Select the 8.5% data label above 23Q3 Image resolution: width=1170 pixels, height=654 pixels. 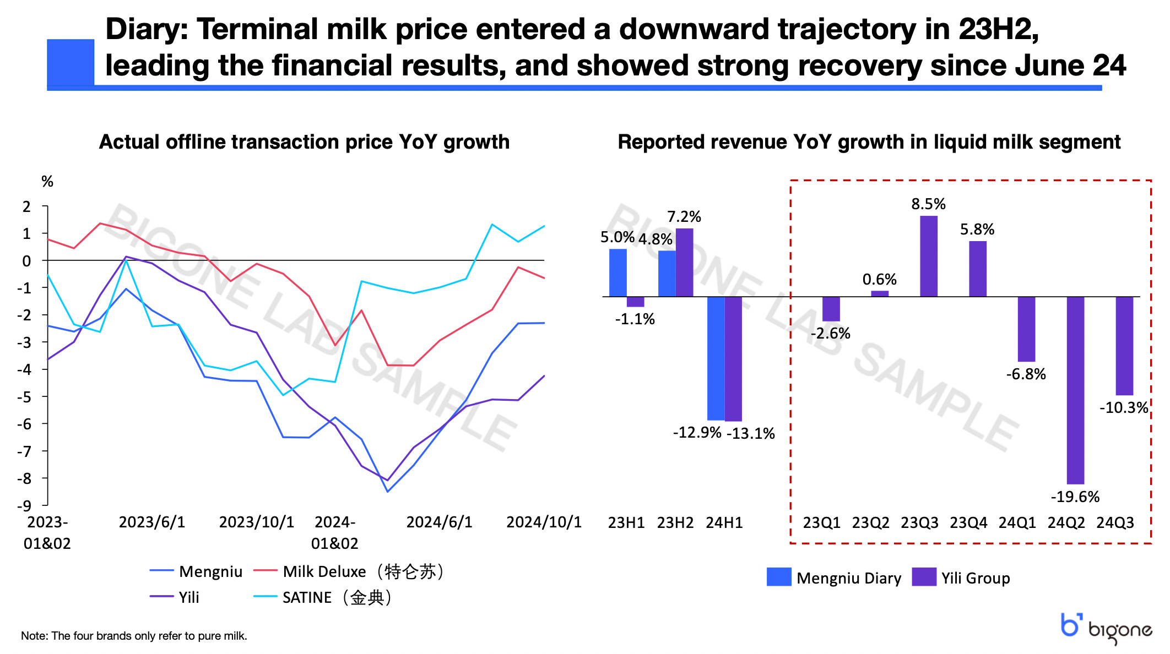pyautogui.click(x=928, y=204)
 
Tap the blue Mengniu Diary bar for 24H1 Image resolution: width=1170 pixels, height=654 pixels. pyautogui.click(x=716, y=358)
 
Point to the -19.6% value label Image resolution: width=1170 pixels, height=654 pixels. pyautogui.click(x=1075, y=497)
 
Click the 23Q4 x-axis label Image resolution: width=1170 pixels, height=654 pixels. pyautogui.click(x=968, y=522)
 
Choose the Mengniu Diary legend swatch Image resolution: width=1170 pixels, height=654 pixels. pyautogui.click(x=778, y=577)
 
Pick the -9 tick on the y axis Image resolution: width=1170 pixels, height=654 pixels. pyautogui.click(x=26, y=505)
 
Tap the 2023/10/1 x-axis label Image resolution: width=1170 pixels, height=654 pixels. pyautogui.click(x=257, y=522)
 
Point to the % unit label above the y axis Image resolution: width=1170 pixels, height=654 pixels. pyautogui.click(x=47, y=182)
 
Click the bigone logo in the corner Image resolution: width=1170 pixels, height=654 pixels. pyautogui.click(x=1106, y=628)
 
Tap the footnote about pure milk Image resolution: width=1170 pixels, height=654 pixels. pyautogui.click(x=134, y=636)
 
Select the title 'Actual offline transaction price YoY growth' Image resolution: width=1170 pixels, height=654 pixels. pyautogui.click(x=304, y=142)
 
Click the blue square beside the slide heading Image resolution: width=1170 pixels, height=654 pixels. pyautogui.click(x=71, y=62)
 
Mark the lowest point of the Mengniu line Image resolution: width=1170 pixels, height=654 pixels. pyautogui.click(x=387, y=491)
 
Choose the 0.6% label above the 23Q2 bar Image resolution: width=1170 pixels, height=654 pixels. pyautogui.click(x=879, y=280)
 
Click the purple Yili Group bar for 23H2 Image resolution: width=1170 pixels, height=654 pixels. pyautogui.click(x=685, y=263)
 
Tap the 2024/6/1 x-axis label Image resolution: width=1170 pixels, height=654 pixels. pyautogui.click(x=439, y=522)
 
